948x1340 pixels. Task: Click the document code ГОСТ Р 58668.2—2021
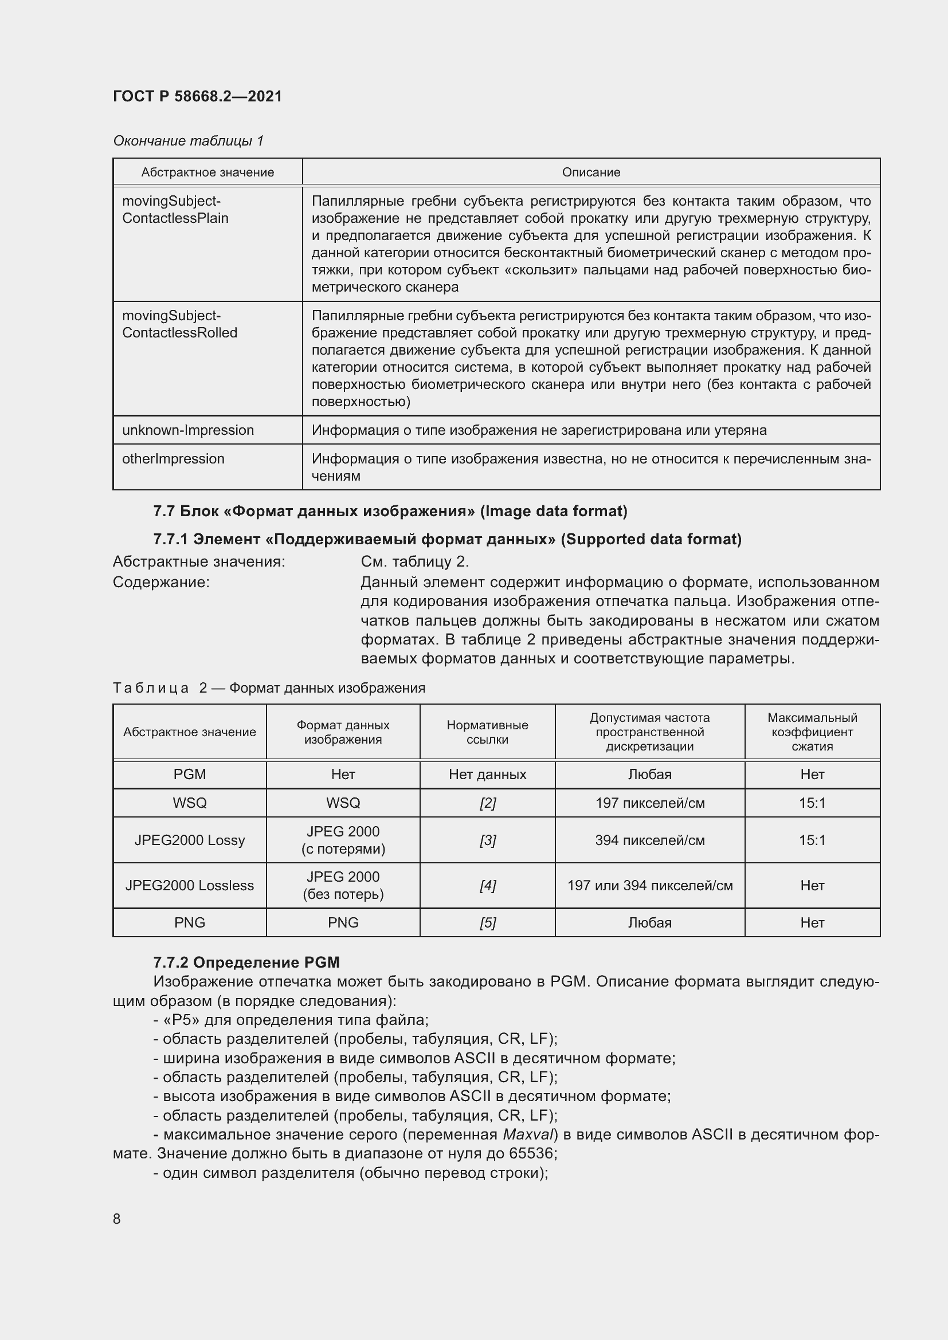click(x=197, y=96)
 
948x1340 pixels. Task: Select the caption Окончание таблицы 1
click(x=188, y=141)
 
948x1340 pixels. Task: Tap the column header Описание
click(x=591, y=172)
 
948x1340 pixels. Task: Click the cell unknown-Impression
click(x=188, y=430)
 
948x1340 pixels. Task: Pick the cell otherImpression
click(x=173, y=459)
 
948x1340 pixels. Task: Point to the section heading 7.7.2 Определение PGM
click(x=246, y=962)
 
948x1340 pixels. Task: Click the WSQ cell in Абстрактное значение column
click(x=190, y=803)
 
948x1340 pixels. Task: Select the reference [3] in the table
click(x=487, y=840)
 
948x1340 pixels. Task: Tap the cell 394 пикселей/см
click(x=650, y=840)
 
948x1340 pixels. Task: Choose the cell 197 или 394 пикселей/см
click(x=650, y=886)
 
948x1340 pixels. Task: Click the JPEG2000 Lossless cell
click(x=190, y=886)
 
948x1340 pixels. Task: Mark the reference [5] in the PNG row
click(x=487, y=923)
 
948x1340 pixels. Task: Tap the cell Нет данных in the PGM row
click(x=487, y=775)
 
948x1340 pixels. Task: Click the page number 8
click(x=117, y=1219)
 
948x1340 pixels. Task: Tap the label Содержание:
click(x=161, y=583)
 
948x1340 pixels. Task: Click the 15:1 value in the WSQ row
click(x=812, y=803)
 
